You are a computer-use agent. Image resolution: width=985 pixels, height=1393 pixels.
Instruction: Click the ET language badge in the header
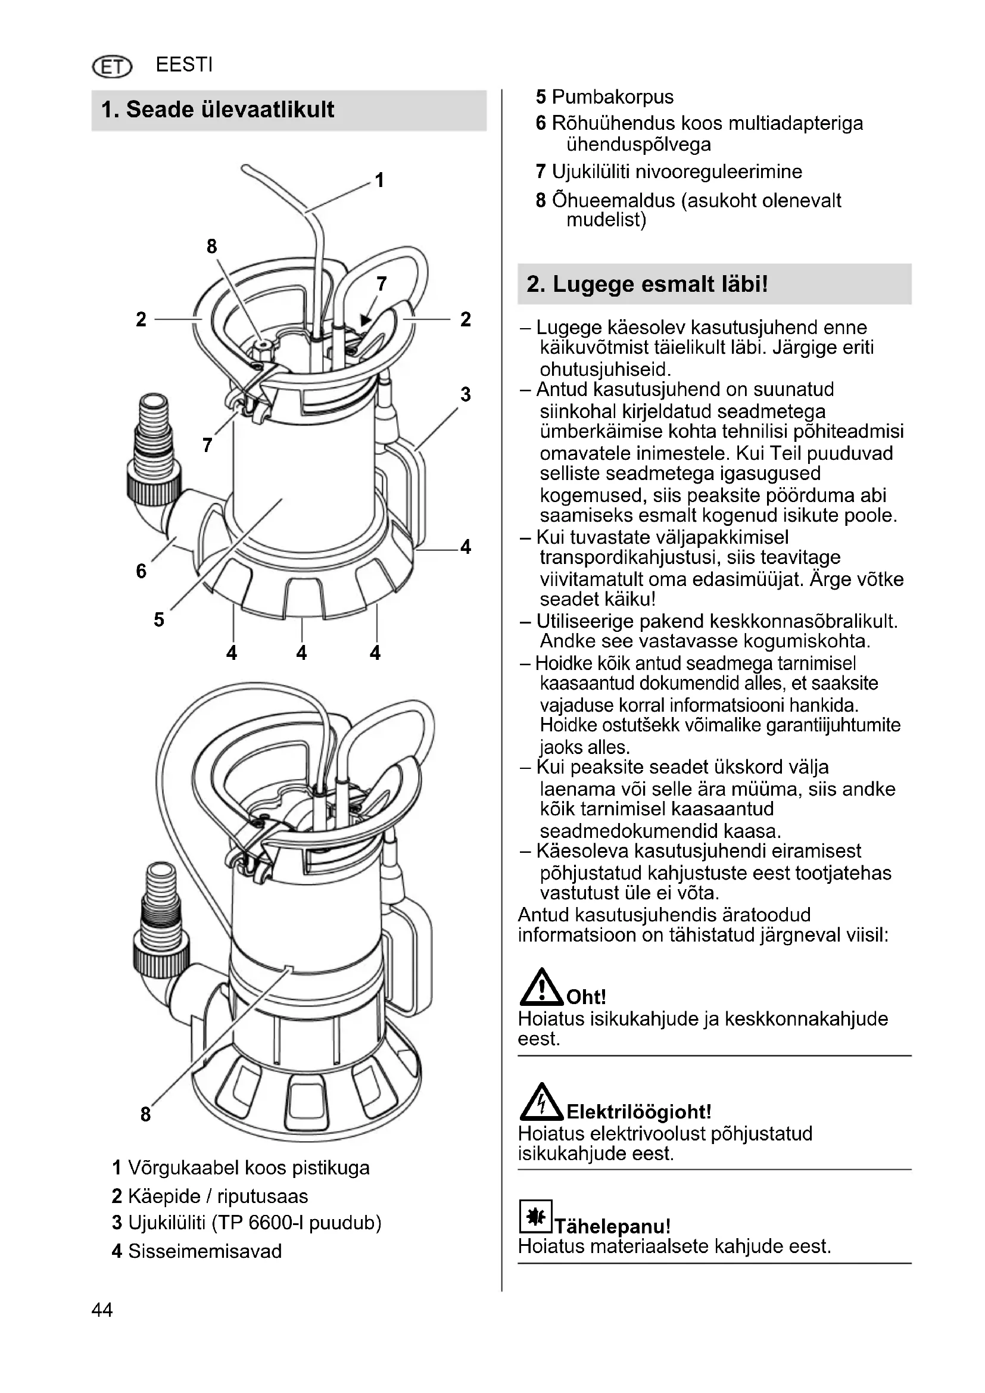(111, 66)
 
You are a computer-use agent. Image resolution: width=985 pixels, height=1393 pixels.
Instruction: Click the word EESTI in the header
(184, 65)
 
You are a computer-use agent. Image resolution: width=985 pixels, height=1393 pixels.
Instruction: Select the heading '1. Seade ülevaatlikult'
(218, 110)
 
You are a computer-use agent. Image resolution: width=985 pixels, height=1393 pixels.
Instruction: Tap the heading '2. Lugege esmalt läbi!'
(647, 284)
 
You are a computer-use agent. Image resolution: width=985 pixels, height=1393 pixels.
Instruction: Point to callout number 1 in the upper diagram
(380, 180)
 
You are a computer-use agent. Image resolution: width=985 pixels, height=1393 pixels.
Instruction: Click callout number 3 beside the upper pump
(465, 394)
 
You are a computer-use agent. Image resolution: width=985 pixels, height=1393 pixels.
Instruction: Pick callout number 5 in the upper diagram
(159, 619)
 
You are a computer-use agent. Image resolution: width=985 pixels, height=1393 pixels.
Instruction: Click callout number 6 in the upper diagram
(141, 571)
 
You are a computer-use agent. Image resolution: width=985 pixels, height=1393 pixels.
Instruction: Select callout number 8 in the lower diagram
(145, 1114)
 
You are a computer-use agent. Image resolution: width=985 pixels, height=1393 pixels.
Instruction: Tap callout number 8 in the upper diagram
(211, 247)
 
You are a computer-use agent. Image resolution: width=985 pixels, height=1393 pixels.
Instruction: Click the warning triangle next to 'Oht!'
(540, 987)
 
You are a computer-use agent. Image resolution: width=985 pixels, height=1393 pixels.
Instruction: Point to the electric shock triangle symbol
(541, 1102)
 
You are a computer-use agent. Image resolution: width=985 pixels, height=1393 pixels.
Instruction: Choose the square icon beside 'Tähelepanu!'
(535, 1217)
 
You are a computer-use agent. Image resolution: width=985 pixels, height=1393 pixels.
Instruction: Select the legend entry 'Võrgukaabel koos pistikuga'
(249, 1168)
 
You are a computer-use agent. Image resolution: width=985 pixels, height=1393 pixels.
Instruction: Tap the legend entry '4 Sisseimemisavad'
(197, 1251)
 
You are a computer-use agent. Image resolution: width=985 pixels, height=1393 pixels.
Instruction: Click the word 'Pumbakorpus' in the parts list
(613, 97)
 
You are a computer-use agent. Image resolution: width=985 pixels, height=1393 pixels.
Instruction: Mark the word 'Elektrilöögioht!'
(638, 1112)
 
